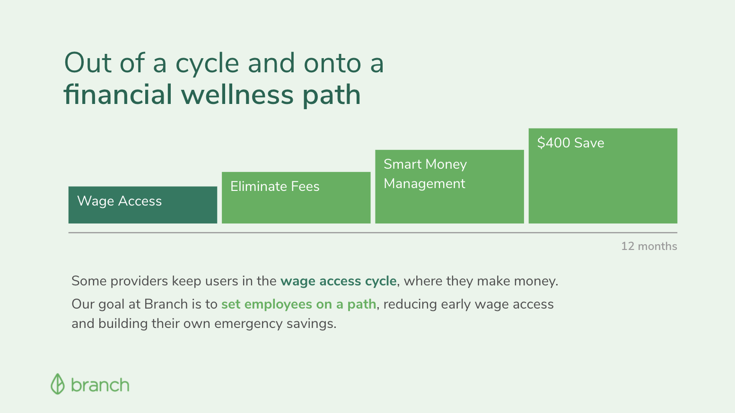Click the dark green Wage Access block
pyautogui.click(x=143, y=205)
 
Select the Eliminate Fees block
pyautogui.click(x=296, y=198)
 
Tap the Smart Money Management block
pyautogui.click(x=449, y=187)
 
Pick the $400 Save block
pyautogui.click(x=603, y=176)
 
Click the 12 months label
pyautogui.click(x=649, y=246)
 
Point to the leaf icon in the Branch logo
pyautogui.click(x=57, y=384)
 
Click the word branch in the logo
pyautogui.click(x=100, y=385)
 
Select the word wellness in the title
pyautogui.click(x=237, y=95)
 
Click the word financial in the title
pyautogui.click(x=118, y=95)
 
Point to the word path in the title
pyautogui.click(x=332, y=96)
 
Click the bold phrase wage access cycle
pyautogui.click(x=338, y=281)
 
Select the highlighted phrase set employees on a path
pyautogui.click(x=298, y=304)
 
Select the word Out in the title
pyautogui.click(x=88, y=62)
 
